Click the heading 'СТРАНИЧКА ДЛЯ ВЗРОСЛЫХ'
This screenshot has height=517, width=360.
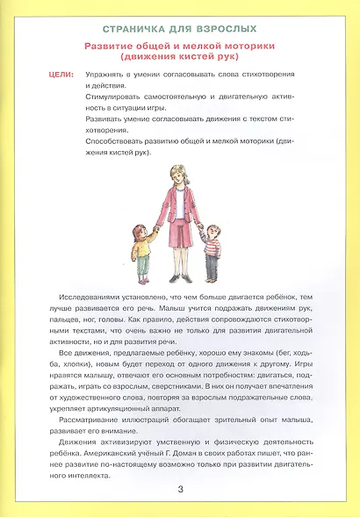[x=180, y=29]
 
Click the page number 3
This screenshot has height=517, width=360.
[x=180, y=488]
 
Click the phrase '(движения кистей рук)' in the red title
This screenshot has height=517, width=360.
[x=180, y=57]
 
